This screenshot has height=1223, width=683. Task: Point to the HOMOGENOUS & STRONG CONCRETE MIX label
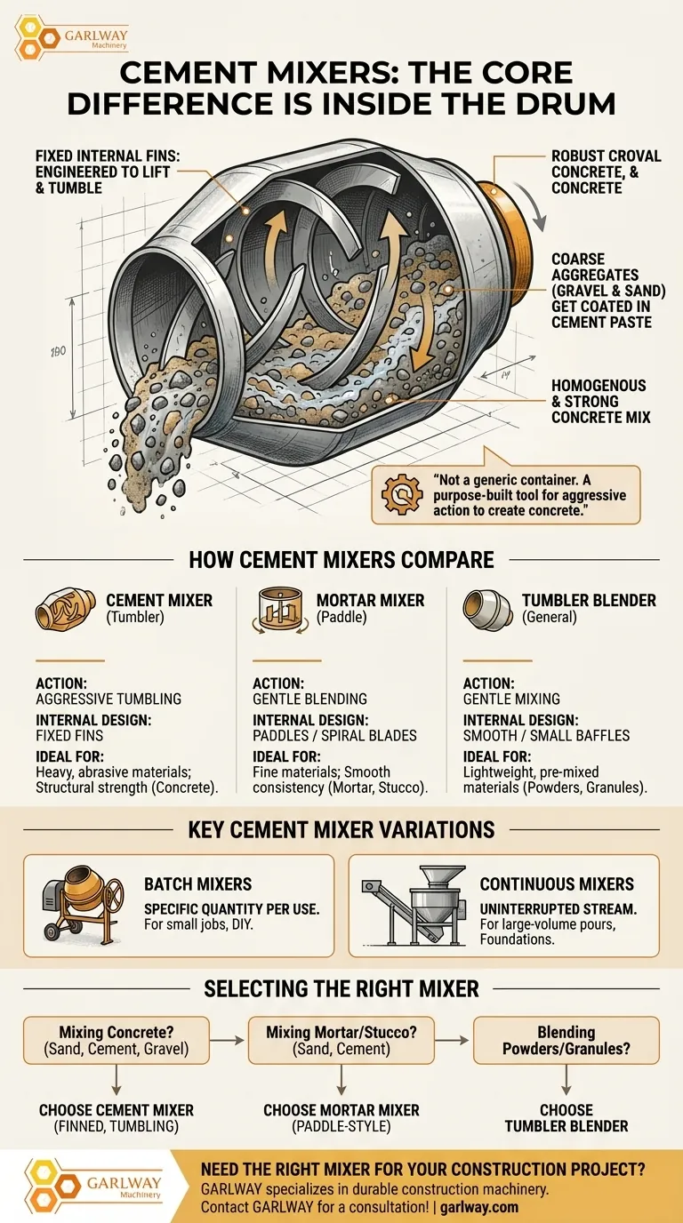599,402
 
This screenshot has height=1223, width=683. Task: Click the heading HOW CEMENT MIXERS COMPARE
341,560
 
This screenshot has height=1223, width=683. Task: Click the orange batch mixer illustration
82,905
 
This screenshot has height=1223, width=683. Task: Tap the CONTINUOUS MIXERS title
557,884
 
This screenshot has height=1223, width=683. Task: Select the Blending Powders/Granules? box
566,1041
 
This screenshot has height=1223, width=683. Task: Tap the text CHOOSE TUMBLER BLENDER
566,1118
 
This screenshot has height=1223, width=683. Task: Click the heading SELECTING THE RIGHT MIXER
341,987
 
